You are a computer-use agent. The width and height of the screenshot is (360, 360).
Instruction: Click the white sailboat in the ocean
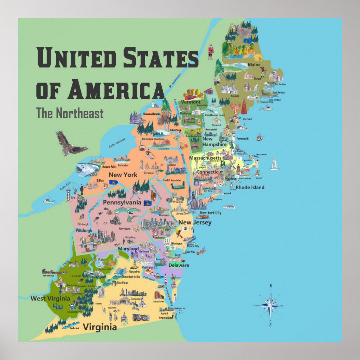tap(275, 163)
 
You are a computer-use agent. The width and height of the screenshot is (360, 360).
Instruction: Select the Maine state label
tap(254, 65)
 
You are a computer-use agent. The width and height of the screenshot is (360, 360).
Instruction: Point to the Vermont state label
tap(191, 102)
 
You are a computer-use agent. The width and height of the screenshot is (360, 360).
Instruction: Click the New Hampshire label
tap(214, 142)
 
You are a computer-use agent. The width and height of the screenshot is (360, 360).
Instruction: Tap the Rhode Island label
tap(250, 187)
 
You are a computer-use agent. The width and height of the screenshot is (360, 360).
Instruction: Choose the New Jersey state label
tap(195, 222)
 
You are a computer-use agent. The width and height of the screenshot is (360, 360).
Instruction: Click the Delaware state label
tap(179, 265)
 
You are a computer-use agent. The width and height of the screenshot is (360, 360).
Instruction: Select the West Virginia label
tap(50, 298)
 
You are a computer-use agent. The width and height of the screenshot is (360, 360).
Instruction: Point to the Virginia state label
tap(100, 327)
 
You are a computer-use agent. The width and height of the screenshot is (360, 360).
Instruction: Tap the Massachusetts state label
tap(205, 158)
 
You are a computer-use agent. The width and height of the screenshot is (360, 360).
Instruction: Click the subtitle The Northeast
tap(70, 113)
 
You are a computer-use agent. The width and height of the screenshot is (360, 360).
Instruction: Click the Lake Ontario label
tap(117, 142)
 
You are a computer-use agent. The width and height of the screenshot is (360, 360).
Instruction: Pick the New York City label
tap(210, 213)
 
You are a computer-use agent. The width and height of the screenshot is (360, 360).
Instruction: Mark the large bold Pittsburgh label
tap(84, 230)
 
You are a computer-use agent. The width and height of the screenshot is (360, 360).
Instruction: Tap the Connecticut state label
tap(209, 172)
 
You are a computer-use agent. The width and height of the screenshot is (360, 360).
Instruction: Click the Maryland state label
tap(128, 249)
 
